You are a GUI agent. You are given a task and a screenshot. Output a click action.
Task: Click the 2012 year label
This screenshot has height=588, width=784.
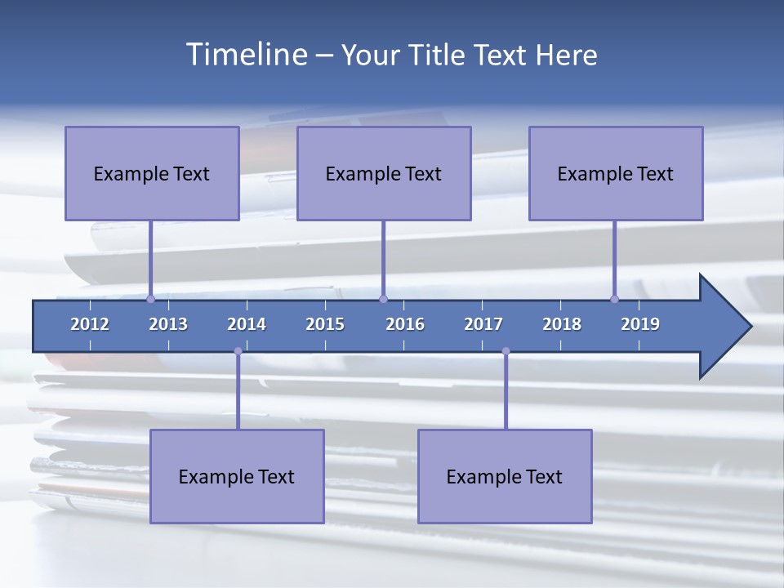click(x=90, y=324)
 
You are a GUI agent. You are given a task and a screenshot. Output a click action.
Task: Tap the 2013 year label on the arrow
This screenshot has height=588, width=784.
click(x=168, y=324)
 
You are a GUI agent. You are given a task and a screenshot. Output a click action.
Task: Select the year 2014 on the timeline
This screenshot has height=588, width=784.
click(x=247, y=324)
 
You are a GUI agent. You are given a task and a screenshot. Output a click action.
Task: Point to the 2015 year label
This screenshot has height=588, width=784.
click(x=325, y=324)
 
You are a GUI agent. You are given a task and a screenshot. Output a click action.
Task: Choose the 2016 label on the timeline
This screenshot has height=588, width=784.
click(x=405, y=324)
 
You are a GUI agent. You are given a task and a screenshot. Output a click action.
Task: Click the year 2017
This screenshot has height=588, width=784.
click(x=483, y=324)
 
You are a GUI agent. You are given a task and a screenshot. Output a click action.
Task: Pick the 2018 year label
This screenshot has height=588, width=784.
click(x=562, y=324)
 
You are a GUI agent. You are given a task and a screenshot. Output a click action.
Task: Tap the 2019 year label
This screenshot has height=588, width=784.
click(x=640, y=324)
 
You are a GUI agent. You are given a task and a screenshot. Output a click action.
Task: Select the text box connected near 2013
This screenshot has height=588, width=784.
click(x=152, y=173)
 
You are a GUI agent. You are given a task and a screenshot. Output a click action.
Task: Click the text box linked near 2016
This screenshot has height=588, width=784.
click(x=384, y=173)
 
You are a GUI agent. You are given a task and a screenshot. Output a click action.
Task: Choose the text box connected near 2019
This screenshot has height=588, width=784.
click(x=616, y=173)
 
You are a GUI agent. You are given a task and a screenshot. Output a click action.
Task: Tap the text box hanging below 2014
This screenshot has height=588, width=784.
click(x=237, y=476)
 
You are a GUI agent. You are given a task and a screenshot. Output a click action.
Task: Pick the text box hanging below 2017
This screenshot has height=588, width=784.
click(x=505, y=476)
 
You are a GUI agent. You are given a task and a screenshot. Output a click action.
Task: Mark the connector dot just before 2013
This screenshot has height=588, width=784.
click(x=150, y=299)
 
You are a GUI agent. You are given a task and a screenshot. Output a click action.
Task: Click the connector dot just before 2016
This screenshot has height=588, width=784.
click(x=383, y=299)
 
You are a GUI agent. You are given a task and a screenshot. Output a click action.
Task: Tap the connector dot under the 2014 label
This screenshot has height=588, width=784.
click(x=238, y=351)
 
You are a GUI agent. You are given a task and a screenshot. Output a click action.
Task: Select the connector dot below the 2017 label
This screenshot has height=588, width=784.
click(x=506, y=351)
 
